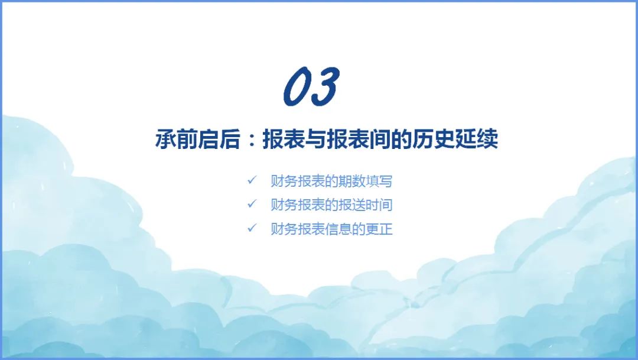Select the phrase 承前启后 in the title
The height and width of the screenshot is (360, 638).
point(198,140)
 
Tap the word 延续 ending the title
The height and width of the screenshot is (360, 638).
point(477,140)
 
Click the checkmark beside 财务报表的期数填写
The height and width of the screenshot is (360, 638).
point(252,180)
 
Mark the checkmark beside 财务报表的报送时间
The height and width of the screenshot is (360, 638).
point(252,203)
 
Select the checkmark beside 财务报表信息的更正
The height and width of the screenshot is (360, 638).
point(252,228)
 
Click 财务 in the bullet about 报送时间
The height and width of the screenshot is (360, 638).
point(284,205)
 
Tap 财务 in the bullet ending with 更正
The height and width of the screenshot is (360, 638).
point(284,229)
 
